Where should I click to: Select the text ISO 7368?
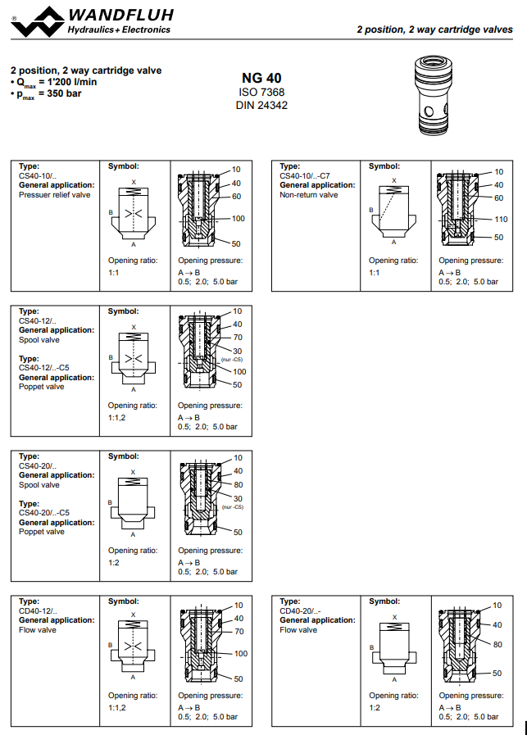[x=261, y=93]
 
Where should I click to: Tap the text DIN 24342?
[x=261, y=106]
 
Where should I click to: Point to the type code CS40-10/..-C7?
[x=305, y=175]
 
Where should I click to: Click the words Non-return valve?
[x=309, y=195]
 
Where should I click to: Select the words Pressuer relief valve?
[x=55, y=195]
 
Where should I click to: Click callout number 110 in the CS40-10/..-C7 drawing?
[x=501, y=219]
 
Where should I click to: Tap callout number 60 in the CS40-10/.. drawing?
[x=236, y=197]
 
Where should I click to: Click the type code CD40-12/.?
[x=38, y=611]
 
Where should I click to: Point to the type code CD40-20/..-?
[x=301, y=611]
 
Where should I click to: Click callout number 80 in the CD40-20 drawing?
[x=497, y=644]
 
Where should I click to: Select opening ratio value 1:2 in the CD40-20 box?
[x=374, y=707]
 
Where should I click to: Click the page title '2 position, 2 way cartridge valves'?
[x=434, y=29]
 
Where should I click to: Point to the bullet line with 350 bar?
[x=46, y=94]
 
